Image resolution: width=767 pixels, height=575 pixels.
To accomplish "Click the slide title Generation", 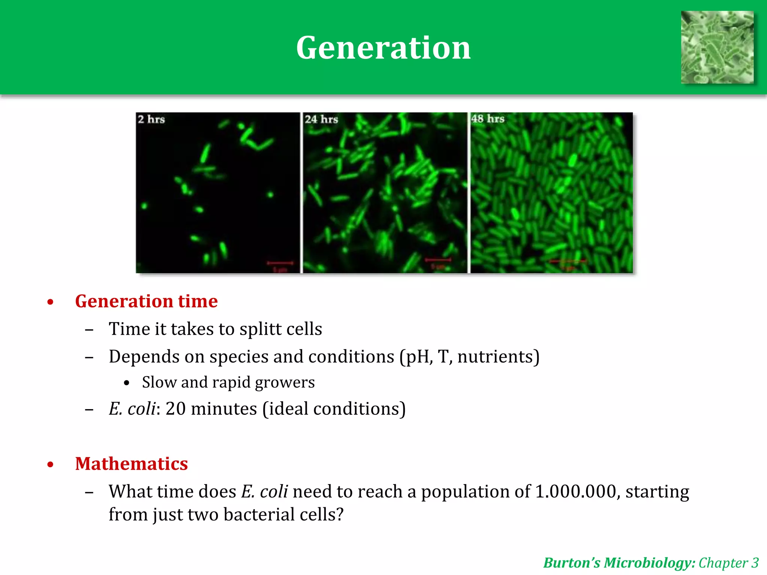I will [383, 48].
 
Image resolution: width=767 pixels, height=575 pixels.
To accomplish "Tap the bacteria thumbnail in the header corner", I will [717, 47].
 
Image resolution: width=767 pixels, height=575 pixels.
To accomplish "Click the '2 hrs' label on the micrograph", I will [151, 119].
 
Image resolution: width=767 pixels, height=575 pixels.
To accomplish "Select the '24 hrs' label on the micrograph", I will [321, 119].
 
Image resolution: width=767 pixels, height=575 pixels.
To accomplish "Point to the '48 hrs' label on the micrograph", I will [488, 119].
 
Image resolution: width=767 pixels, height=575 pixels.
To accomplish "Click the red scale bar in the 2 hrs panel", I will [280, 263].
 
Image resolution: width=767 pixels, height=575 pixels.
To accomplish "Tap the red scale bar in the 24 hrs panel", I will [438, 260].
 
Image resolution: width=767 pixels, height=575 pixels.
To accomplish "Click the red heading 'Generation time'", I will [146, 301].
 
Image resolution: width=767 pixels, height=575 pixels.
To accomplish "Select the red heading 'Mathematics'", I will [131, 464].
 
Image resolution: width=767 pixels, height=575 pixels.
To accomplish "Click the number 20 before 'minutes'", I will [175, 408].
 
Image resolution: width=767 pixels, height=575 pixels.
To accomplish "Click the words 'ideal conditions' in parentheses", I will [334, 408].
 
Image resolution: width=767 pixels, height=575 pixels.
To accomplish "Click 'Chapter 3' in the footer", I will [728, 563].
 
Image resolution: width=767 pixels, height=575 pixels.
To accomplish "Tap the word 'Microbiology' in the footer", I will [649, 563].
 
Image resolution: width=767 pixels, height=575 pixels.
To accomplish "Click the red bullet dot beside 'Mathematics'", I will [51, 465].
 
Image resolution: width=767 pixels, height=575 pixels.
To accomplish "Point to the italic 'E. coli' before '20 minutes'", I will [132, 408].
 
